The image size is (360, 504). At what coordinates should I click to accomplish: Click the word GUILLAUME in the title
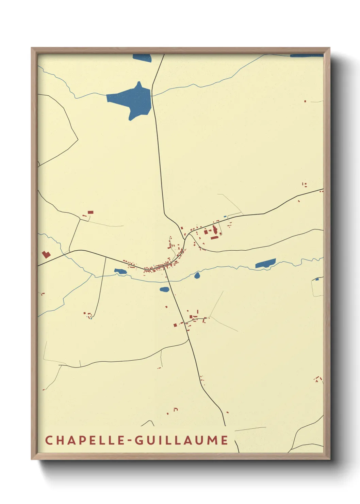[181, 440]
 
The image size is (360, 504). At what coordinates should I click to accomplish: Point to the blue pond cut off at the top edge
[142, 58]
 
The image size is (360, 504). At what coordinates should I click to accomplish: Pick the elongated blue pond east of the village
[265, 264]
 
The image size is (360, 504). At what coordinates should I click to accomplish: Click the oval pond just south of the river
[164, 289]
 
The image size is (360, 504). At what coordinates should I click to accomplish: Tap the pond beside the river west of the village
[120, 271]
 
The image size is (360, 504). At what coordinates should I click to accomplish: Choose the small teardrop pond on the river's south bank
[197, 275]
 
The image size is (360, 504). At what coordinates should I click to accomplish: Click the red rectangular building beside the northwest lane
[91, 212]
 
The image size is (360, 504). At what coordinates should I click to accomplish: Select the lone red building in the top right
[305, 101]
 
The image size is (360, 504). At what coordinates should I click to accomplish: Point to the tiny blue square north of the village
[225, 217]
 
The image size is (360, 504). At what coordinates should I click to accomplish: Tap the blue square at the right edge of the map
[317, 279]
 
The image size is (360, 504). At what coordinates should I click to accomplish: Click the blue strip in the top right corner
[306, 56]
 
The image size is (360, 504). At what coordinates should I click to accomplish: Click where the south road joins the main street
[165, 268]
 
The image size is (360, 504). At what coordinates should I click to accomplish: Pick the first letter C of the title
[49, 440]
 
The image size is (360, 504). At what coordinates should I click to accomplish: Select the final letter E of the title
[225, 440]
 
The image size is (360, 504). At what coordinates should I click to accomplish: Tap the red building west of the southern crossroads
[175, 325]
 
